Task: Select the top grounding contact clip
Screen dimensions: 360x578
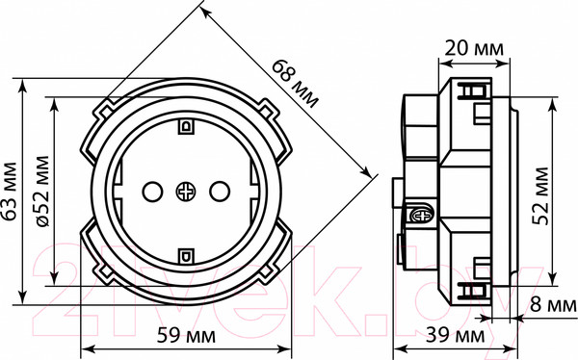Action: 185,124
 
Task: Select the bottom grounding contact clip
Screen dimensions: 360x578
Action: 185,256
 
